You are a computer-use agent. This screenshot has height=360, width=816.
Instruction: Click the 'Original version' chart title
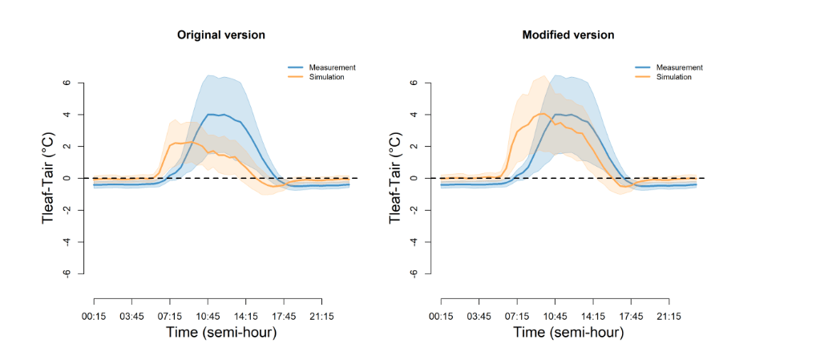click(x=221, y=35)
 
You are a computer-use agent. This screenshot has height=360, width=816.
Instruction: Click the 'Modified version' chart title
click(x=568, y=35)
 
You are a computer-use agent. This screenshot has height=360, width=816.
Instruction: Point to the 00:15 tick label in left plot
click(x=95, y=315)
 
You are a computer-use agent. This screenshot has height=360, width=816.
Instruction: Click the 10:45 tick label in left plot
click(x=208, y=315)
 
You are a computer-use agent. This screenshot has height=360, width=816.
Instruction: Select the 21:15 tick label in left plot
click(x=322, y=315)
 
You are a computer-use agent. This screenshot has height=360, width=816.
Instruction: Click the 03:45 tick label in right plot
click(x=479, y=315)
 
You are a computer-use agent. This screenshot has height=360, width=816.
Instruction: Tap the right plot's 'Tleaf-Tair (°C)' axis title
click(x=396, y=178)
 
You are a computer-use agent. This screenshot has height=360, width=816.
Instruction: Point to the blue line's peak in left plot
click(x=210, y=114)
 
